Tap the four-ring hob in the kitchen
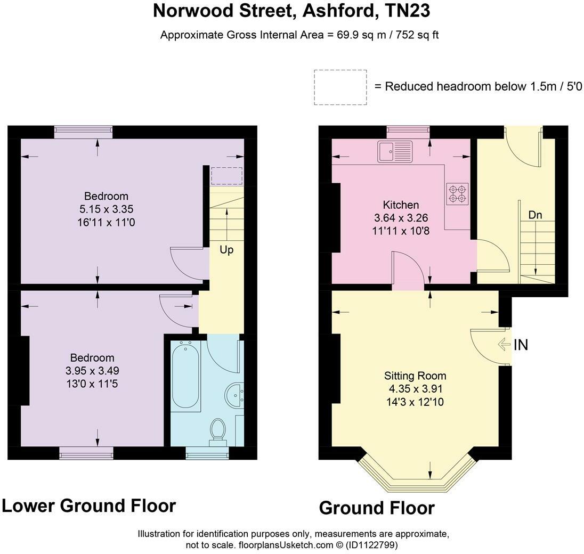coord(457,193)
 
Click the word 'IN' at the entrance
coord(520,345)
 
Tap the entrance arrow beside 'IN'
coord(504,345)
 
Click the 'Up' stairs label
coord(226,250)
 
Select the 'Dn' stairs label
coord(535,215)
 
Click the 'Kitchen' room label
coord(401,205)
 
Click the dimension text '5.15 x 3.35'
coord(106,209)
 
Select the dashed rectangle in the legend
coord(340,87)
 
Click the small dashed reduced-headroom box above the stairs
coord(226,175)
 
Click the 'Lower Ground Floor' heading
coord(88,506)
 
